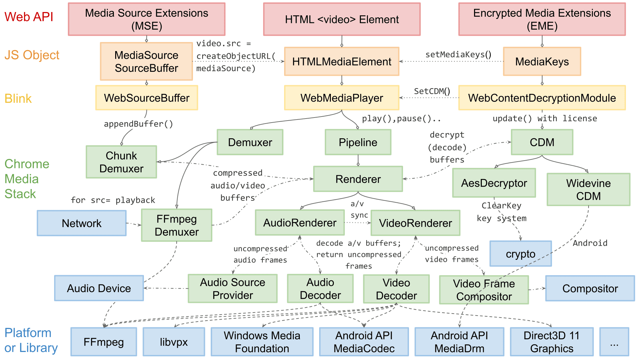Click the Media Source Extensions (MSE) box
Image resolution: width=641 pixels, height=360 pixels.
(147, 19)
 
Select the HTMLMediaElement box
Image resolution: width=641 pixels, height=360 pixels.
(342, 61)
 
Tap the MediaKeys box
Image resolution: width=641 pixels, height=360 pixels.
(542, 61)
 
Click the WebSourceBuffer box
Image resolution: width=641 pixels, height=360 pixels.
(147, 98)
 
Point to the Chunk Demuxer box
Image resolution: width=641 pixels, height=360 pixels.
(121, 162)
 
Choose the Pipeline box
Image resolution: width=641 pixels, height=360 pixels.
(358, 142)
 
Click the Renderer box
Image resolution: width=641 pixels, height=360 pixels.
(358, 179)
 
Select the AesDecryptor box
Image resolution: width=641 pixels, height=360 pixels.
(494, 183)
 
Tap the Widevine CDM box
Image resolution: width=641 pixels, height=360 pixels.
(588, 189)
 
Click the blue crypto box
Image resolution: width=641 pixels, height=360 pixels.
(520, 254)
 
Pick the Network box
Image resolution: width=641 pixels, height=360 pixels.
(81, 223)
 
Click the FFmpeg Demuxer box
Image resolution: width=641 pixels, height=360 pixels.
(177, 225)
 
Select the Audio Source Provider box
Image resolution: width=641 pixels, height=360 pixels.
(232, 289)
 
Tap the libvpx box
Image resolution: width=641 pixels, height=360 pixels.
(174, 342)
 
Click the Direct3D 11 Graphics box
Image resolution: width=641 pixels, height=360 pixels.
(552, 342)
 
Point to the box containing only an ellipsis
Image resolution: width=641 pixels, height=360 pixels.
(614, 342)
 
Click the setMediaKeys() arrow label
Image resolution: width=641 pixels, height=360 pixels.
(458, 54)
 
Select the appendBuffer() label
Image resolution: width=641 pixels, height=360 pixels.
(138, 124)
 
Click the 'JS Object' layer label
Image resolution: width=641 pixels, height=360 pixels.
(32, 55)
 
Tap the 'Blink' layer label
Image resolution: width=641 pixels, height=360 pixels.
(18, 99)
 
